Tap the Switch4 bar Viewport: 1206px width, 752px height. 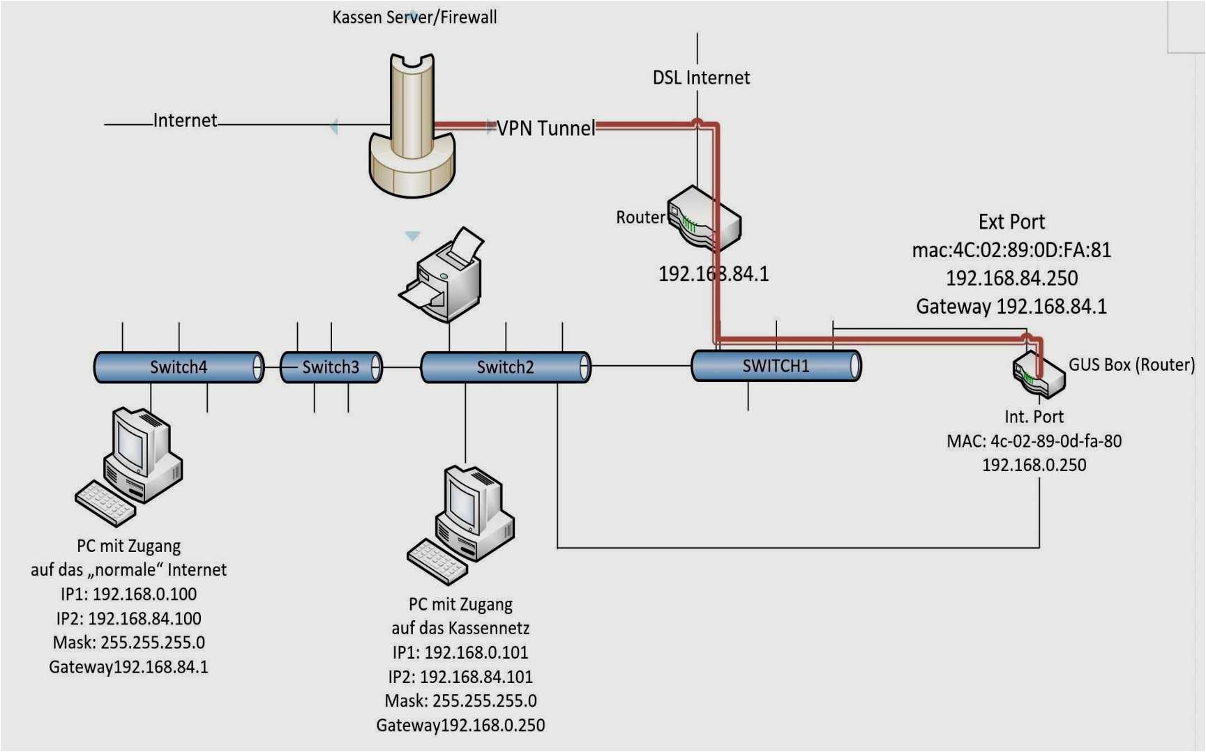click(x=179, y=367)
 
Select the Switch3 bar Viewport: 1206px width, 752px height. click(x=331, y=367)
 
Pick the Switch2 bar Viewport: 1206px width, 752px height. click(x=505, y=367)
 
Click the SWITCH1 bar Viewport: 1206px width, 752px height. click(x=776, y=366)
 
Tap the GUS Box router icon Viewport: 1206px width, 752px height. click(x=1038, y=375)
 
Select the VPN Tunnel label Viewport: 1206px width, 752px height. click(x=545, y=128)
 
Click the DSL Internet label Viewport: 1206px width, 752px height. click(x=701, y=77)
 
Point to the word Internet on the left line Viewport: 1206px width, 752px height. click(x=185, y=121)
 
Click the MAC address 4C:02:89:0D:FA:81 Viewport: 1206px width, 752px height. click(x=1011, y=250)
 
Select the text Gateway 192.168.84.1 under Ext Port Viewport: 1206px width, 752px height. click(x=1011, y=307)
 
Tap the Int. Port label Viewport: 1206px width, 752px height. click(x=1034, y=417)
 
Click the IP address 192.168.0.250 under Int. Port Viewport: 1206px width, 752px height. click(x=1034, y=465)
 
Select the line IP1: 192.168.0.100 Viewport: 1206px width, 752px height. click(x=128, y=594)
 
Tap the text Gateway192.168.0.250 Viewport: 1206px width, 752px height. click(x=460, y=726)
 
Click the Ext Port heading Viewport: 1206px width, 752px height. click(x=1011, y=222)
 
